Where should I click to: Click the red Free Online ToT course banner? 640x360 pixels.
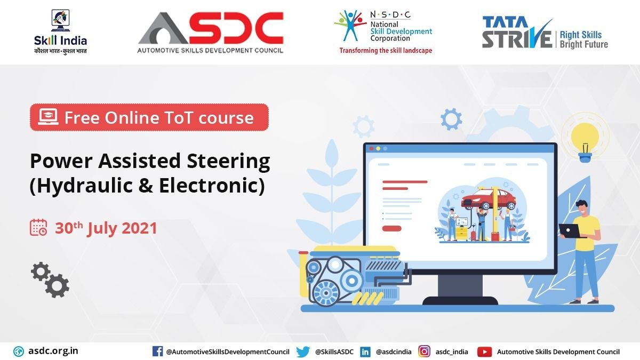pyautogui.click(x=149, y=117)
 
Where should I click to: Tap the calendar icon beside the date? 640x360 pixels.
pyautogui.click(x=38, y=228)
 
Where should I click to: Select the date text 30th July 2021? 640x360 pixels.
pyautogui.click(x=106, y=228)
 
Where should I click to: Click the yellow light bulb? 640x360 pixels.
pyautogui.click(x=585, y=138)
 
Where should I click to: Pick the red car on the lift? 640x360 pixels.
pyautogui.click(x=489, y=199)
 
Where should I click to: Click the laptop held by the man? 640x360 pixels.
pyautogui.click(x=569, y=230)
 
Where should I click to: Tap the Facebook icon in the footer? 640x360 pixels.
pyautogui.click(x=157, y=351)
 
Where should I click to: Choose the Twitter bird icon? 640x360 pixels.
pyautogui.click(x=303, y=351)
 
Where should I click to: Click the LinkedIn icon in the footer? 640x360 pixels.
pyautogui.click(x=365, y=351)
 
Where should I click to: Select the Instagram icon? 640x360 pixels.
pyautogui.click(x=425, y=351)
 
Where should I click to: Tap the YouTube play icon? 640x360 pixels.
pyautogui.click(x=484, y=351)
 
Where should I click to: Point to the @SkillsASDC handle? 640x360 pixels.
pyautogui.click(x=334, y=352)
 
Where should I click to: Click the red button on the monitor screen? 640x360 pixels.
pyautogui.click(x=391, y=228)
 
